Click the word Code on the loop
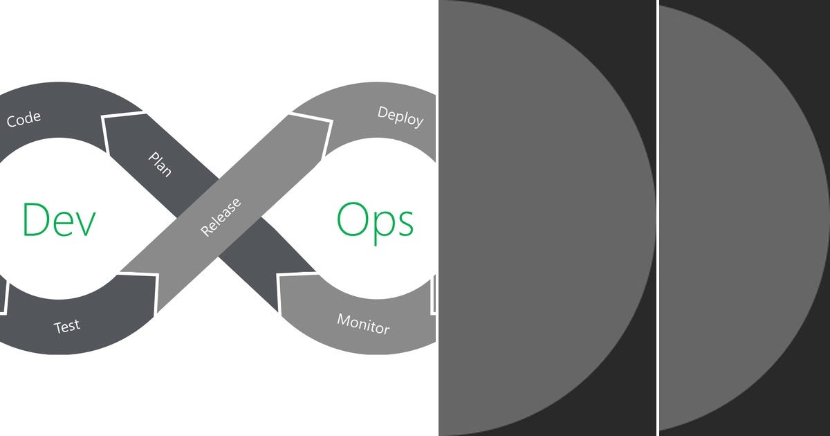tap(24, 119)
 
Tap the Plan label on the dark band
tap(160, 164)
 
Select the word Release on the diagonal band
tap(221, 217)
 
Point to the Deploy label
tap(400, 116)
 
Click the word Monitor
tap(363, 323)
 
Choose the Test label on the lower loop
tap(67, 325)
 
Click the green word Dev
tap(59, 219)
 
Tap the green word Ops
tap(376, 220)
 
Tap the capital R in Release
tap(205, 231)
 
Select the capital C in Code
tap(12, 122)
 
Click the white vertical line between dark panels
tap(658, 218)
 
